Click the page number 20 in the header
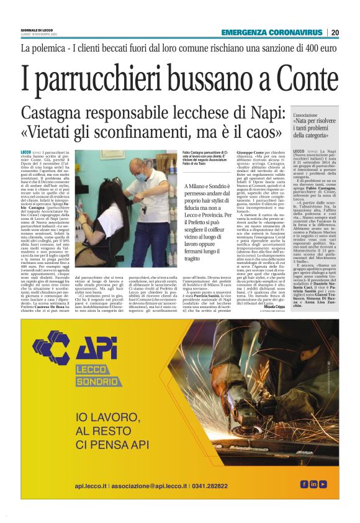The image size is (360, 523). (335, 32)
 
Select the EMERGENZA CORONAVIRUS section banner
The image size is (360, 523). (272, 32)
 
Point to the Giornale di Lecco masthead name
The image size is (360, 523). (36, 30)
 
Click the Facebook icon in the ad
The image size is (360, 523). (305, 484)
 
